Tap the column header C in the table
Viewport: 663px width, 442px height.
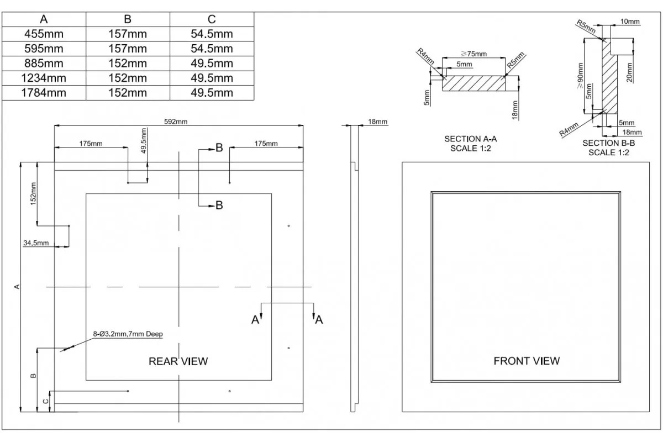(212, 19)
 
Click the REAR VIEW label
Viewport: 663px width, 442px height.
(178, 361)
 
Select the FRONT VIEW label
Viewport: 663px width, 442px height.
(526, 361)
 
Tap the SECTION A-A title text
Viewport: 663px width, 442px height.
(470, 139)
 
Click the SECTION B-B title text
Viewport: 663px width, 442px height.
(609, 143)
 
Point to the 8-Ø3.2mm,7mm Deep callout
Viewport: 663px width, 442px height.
(128, 334)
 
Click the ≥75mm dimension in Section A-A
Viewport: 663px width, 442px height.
(473, 54)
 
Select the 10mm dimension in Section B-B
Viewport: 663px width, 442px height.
(630, 22)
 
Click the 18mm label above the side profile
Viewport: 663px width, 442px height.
(378, 122)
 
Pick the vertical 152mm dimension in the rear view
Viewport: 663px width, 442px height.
(33, 193)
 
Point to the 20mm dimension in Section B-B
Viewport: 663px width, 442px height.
(630, 71)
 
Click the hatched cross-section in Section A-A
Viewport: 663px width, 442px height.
(473, 83)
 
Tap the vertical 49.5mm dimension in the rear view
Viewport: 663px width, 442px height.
(144, 143)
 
